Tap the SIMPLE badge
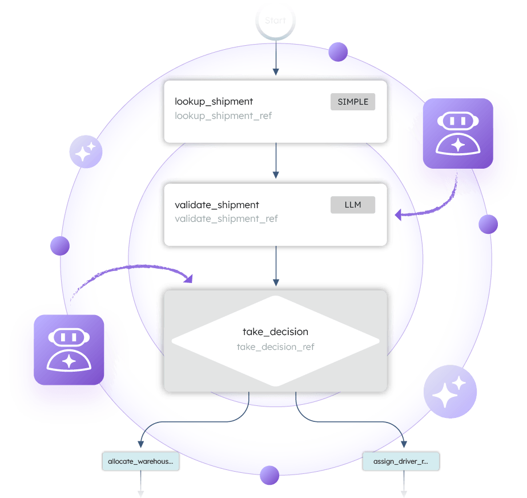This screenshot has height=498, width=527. point(352,102)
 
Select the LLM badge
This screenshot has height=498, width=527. point(352,205)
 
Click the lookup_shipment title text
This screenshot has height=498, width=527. point(214,102)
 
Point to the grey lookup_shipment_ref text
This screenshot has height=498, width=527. point(223,116)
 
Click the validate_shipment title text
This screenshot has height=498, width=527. point(216,205)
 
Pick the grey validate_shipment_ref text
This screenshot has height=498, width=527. point(226,218)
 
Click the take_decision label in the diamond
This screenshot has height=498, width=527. point(275,332)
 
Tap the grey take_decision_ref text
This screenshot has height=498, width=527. point(275,346)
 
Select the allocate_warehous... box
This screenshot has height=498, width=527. point(140,461)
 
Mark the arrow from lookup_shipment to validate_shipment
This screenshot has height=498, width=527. point(276,162)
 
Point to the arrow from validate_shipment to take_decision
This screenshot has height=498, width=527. point(276,266)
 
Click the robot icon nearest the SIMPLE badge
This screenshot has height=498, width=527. point(457,134)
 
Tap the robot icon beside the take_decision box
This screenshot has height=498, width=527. point(69,349)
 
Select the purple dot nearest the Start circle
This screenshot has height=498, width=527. point(338,53)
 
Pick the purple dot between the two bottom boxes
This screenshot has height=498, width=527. point(269,475)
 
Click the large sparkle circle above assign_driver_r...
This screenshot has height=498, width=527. point(450,392)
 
